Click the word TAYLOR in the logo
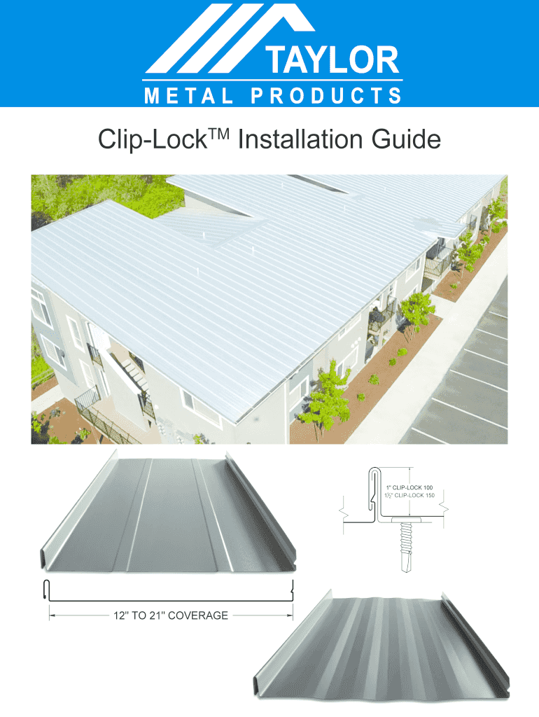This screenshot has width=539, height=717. (332, 60)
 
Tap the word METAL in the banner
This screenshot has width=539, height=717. (188, 96)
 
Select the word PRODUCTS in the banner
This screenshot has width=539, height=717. (326, 96)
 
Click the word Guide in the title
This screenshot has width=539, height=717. (406, 139)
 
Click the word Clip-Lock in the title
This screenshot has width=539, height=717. (153, 139)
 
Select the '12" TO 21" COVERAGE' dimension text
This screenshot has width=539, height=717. (171, 615)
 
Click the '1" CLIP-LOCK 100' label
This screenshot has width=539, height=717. (409, 487)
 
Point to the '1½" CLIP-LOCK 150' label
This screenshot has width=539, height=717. (409, 495)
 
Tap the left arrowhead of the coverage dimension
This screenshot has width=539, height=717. (52, 615)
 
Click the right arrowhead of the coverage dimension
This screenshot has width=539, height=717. (290, 615)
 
